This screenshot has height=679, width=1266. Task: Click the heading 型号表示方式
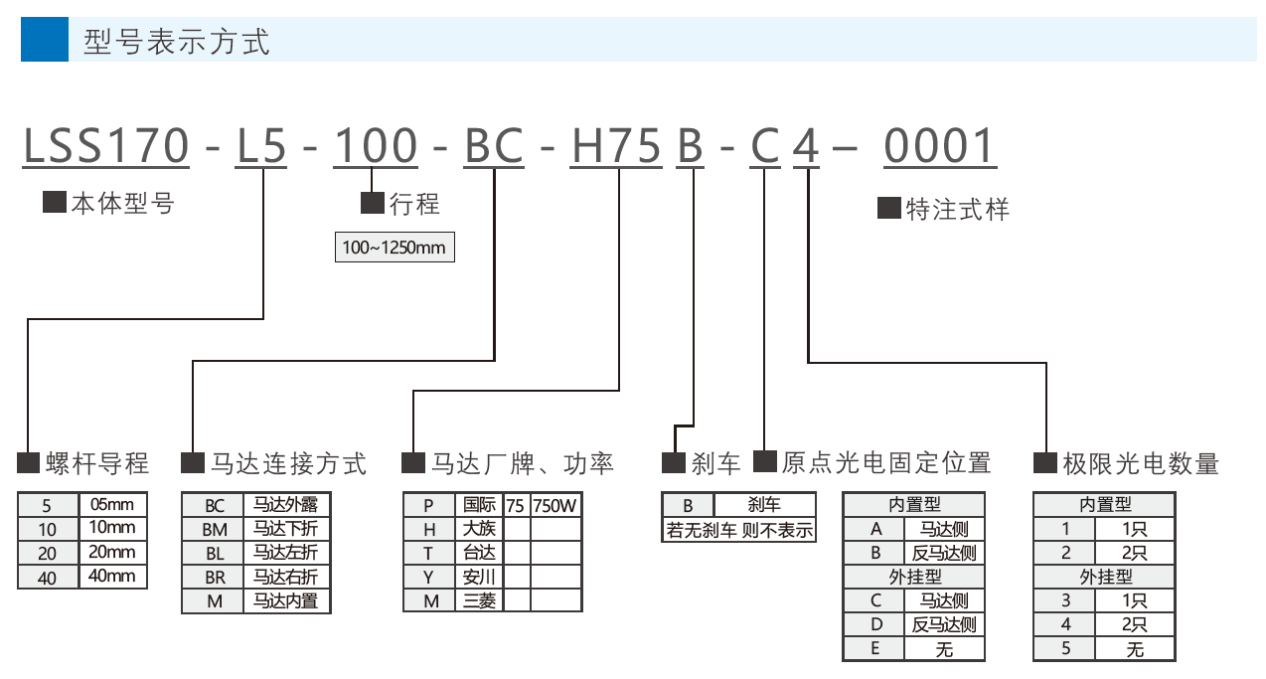point(177,42)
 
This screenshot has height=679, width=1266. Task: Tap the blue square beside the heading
point(45,39)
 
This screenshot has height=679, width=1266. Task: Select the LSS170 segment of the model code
point(106,146)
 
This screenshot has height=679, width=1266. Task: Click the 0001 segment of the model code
point(939,146)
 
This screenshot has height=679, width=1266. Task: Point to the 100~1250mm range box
point(395,248)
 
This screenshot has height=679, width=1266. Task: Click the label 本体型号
point(122,203)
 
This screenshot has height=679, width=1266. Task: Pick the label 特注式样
point(957,209)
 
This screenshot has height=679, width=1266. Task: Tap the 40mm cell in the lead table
point(112,576)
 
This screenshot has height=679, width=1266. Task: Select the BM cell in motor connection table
point(215,529)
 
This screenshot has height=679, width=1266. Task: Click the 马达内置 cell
point(286,600)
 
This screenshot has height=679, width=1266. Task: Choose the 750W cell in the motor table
point(555,505)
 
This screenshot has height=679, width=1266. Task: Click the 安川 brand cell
point(479,577)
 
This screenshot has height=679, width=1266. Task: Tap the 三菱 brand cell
point(479,600)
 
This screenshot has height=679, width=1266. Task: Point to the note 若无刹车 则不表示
point(739,530)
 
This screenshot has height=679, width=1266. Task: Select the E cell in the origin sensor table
point(874,648)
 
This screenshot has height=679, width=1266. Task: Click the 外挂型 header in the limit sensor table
point(1105,577)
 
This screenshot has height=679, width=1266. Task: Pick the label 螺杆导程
point(97,463)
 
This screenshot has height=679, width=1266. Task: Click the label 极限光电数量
point(1141,463)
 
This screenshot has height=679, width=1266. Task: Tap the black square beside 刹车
point(673,462)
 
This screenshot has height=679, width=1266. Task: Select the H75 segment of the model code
point(616,146)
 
